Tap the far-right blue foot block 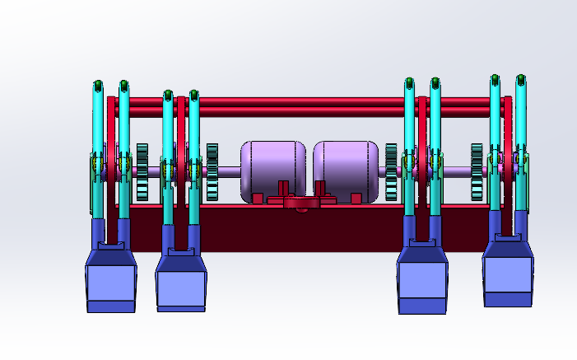click(508, 276)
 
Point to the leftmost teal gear click(142, 172)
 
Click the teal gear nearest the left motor click(212, 172)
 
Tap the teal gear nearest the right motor click(391, 172)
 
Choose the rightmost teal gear click(477, 172)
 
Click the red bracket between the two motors click(300, 202)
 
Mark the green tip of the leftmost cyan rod click(98, 85)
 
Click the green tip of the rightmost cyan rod click(520, 81)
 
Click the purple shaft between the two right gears click(457, 171)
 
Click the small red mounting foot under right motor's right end click(356, 199)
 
